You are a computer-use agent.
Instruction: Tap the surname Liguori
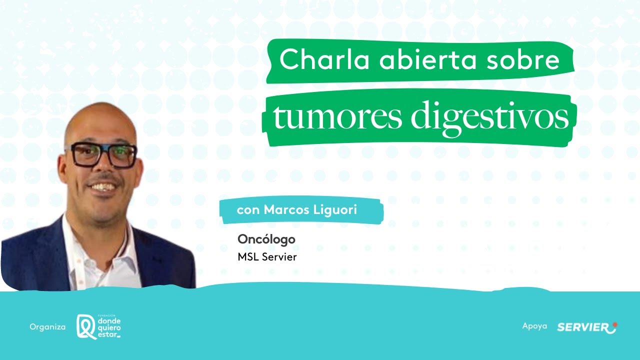(x=336, y=210)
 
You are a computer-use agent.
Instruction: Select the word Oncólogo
(x=266, y=239)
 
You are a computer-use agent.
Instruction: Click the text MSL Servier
(x=267, y=257)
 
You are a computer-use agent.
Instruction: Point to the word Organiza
(x=47, y=327)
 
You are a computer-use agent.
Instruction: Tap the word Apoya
(x=534, y=326)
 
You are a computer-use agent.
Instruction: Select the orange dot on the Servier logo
(x=614, y=324)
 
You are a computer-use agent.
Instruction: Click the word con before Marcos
(x=248, y=210)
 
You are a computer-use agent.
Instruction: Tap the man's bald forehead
(x=102, y=125)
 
